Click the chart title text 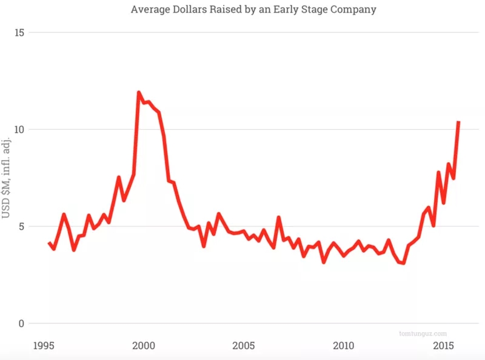(253, 10)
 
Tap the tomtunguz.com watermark (423, 333)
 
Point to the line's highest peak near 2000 (139, 92)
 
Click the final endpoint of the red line (459, 122)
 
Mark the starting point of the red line (48, 242)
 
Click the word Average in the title (149, 10)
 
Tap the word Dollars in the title (190, 10)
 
